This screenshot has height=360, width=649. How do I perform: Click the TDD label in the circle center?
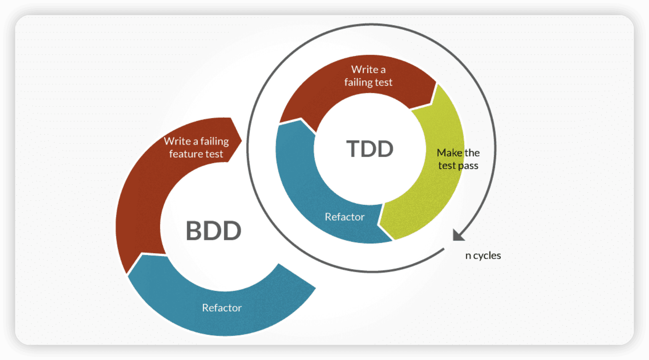click(370, 149)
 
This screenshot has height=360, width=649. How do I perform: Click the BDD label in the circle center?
click(213, 231)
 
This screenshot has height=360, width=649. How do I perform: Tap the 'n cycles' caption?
click(483, 256)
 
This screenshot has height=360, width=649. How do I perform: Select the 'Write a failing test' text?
click(368, 76)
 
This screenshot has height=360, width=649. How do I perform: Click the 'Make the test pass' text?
click(458, 159)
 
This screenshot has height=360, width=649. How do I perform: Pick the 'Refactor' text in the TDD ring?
click(344, 217)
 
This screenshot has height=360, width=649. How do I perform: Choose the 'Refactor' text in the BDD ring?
click(222, 308)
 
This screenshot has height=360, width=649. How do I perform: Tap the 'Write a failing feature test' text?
click(196, 148)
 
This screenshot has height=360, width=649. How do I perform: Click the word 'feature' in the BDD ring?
click(184, 154)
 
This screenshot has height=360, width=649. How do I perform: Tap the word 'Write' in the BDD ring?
click(177, 141)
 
